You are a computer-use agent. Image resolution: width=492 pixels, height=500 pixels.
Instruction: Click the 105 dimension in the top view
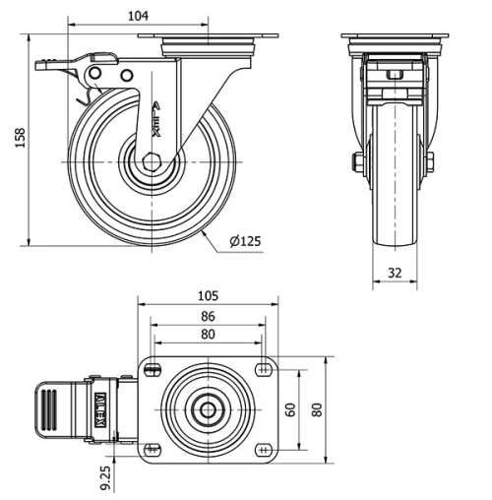tap(208, 296)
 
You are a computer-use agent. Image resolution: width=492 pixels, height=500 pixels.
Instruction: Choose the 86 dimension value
tap(208, 318)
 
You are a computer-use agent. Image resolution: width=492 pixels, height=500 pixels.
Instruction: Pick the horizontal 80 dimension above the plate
tap(208, 335)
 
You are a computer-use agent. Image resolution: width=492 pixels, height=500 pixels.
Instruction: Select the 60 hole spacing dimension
tap(291, 407)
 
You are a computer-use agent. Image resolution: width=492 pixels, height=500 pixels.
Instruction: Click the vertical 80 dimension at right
tap(317, 407)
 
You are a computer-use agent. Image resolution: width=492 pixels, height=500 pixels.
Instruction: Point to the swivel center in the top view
tap(208, 408)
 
